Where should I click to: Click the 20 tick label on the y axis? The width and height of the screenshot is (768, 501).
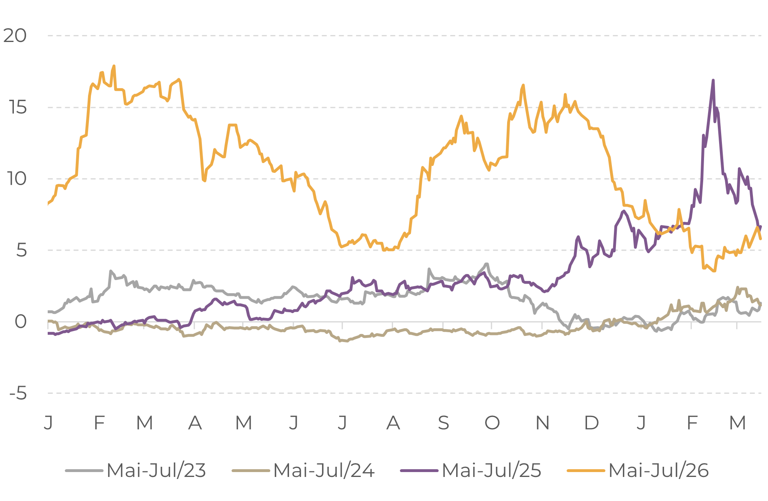[15, 36]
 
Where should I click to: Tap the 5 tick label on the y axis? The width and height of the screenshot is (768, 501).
[21, 250]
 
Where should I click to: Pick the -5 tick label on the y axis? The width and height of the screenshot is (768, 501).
[18, 393]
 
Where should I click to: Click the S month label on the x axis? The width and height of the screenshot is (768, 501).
[443, 423]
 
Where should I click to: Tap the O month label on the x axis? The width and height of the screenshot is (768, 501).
[492, 423]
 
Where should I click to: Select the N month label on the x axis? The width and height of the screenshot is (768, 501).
[543, 423]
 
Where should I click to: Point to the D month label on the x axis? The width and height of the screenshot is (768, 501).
[591, 423]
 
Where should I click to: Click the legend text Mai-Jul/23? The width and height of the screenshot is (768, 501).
[156, 470]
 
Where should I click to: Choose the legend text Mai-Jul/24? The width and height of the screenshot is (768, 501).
[324, 470]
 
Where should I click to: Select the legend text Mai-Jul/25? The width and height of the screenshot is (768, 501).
[491, 470]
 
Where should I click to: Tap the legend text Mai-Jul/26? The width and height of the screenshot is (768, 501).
[659, 470]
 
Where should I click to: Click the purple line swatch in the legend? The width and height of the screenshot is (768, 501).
[419, 471]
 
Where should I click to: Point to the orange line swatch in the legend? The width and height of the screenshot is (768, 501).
[586, 471]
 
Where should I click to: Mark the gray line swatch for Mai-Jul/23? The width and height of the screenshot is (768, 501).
[84, 471]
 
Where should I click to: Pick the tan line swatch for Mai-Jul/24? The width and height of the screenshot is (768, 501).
[251, 471]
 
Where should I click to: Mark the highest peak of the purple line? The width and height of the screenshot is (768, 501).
[713, 80]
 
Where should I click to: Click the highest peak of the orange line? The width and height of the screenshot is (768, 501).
[114, 66]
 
